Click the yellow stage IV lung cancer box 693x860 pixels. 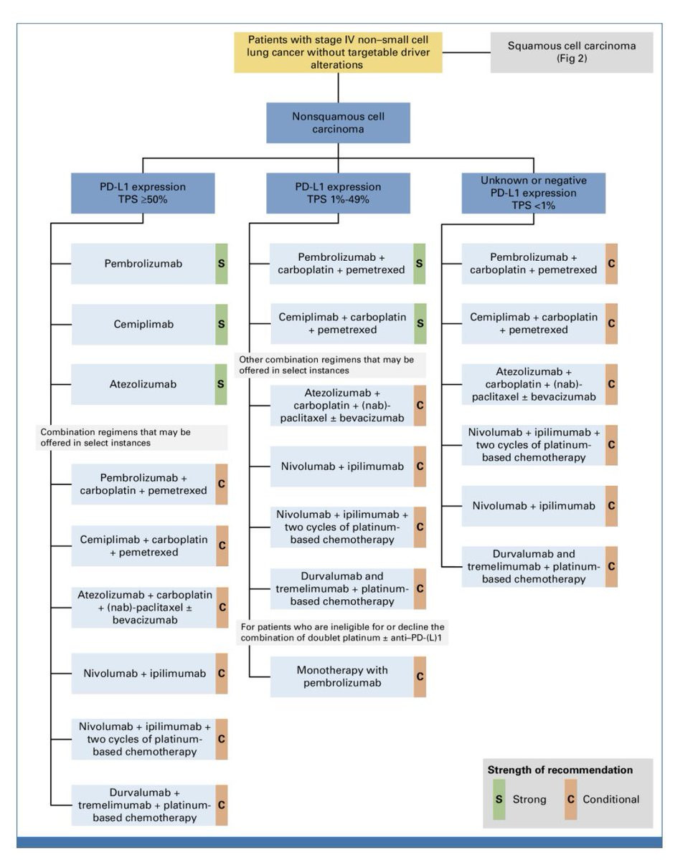pos(338,52)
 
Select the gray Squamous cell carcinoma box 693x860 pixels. pos(571,52)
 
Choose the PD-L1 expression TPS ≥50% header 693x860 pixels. pos(143,193)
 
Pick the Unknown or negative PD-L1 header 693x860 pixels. pos(534,193)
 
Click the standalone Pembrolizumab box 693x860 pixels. pos(143,264)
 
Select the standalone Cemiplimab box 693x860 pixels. pos(143,324)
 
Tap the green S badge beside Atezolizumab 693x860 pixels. pos(222,384)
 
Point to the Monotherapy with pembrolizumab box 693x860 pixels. pos(341,677)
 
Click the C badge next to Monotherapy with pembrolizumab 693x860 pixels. pos(420,677)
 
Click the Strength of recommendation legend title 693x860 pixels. pos(560,770)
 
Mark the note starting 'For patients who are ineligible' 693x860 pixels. pos(342,633)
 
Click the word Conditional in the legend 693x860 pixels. pos(611,799)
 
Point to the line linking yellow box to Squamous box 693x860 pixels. pos(466,52)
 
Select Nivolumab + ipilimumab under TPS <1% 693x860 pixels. pos(534,506)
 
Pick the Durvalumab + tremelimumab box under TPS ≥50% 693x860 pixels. pos(143,805)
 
